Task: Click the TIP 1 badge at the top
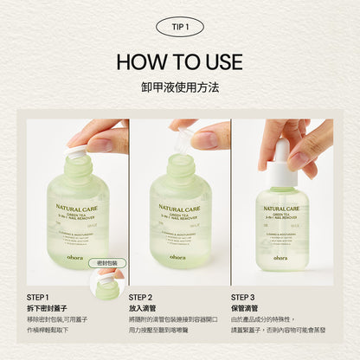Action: tap(180, 27)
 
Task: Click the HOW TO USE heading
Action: tap(180, 62)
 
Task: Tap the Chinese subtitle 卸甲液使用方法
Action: tap(180, 87)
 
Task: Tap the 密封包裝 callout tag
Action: tap(108, 261)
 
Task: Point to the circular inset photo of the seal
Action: tap(108, 284)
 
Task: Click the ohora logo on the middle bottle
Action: tap(177, 256)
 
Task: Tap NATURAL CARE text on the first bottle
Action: tap(77, 208)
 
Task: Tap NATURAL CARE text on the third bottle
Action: tap(282, 208)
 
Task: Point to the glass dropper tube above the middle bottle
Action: tap(183, 141)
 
